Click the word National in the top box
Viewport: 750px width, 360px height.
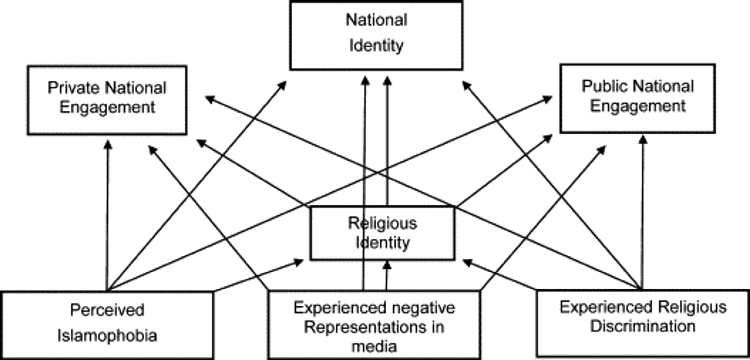376,20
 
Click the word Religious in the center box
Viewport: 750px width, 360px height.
383,224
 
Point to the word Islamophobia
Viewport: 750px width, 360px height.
107,336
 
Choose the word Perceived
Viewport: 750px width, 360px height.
107,310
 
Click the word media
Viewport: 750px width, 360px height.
374,347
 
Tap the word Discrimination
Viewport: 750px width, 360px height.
643,326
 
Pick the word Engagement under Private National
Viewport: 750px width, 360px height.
107,107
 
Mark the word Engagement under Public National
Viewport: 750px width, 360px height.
638,106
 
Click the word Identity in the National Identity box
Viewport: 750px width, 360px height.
376,46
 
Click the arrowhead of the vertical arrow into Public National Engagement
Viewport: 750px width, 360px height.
643,140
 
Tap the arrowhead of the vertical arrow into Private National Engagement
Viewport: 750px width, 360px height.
108,145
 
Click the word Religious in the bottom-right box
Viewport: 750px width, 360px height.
692,307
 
